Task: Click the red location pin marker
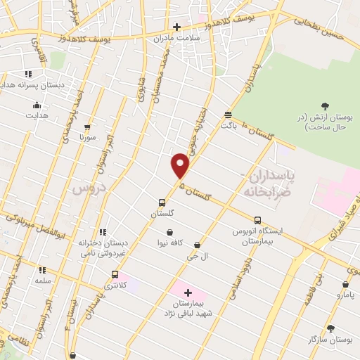181,165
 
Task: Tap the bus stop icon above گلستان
162,202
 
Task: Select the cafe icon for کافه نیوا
169,232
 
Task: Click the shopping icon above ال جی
197,245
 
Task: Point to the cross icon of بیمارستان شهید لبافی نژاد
187,292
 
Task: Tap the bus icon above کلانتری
115,275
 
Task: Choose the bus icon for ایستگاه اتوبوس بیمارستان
257,219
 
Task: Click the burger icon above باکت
228,114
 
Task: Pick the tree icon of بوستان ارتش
324,107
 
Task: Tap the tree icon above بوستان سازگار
330,328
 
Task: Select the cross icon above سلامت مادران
176,27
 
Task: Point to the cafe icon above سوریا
87,127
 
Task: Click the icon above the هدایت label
37,105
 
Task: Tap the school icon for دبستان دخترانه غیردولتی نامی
103,232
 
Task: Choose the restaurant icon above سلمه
42,269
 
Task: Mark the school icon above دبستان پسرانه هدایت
28,74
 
